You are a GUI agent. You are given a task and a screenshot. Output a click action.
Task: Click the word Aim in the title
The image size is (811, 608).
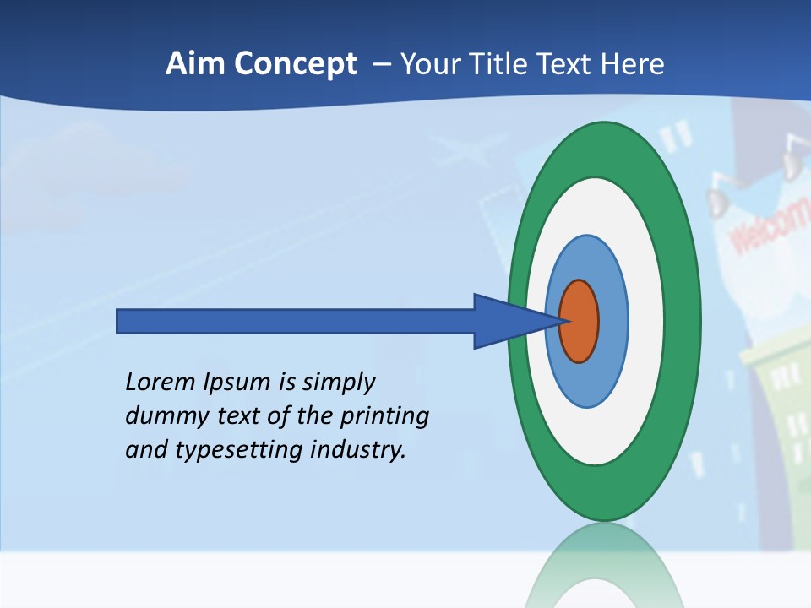(x=191, y=64)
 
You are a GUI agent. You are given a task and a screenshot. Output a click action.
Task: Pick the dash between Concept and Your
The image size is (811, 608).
(x=380, y=65)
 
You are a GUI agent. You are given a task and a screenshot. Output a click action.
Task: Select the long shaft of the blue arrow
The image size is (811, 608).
(x=296, y=321)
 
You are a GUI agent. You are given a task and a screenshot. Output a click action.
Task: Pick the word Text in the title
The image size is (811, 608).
(x=569, y=64)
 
